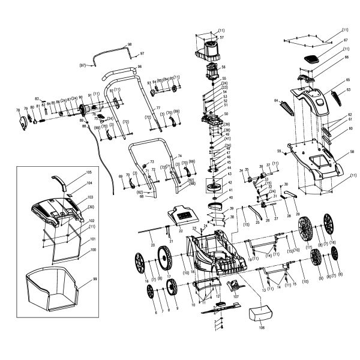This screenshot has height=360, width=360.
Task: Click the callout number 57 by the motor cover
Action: pos(221,37)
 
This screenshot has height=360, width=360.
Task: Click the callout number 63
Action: pos(347,88)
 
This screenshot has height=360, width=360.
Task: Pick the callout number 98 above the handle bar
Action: pos(129,45)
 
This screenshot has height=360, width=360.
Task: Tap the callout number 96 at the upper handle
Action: pos(139,66)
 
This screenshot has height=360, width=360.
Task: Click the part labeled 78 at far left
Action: pos(25,122)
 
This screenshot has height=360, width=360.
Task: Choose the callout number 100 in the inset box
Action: pos(93,249)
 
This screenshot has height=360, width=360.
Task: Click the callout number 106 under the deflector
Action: pos(260,329)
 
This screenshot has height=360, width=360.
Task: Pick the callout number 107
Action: pos(236,296)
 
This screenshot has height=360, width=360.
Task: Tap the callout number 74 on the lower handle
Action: pos(179,155)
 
